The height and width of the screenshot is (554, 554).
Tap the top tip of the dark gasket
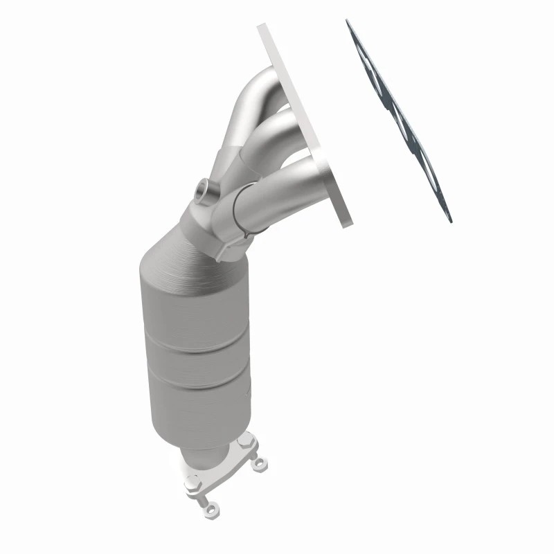pyautogui.click(x=348, y=21)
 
